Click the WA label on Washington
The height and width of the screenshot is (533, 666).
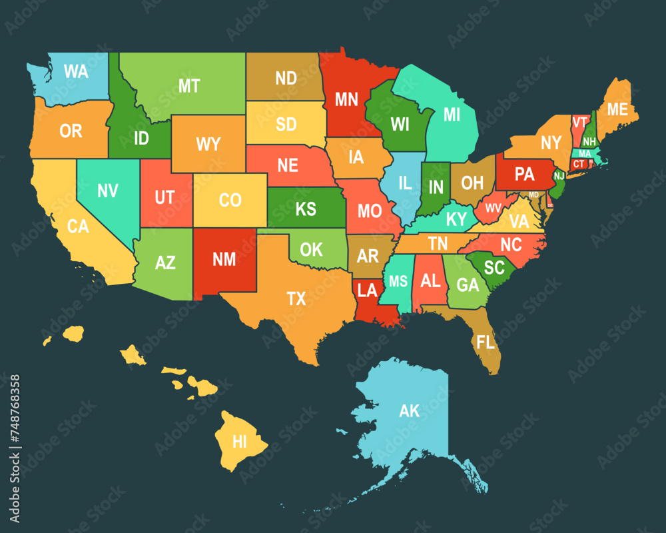[x=76, y=72]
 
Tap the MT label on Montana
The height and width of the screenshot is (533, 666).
[x=189, y=86]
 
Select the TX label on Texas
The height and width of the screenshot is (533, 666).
[x=296, y=298]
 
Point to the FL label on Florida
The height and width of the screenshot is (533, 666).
[x=486, y=342]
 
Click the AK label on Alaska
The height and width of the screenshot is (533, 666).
[x=410, y=410]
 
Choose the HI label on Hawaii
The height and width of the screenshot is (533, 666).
[x=239, y=440]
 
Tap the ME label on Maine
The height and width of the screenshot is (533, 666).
[x=617, y=109]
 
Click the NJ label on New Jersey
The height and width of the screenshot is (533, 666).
[x=559, y=176]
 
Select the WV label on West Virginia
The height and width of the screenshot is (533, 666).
[x=494, y=208]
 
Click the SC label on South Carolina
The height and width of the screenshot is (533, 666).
[x=494, y=267]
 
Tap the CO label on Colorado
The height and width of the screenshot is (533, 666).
[x=230, y=200]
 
